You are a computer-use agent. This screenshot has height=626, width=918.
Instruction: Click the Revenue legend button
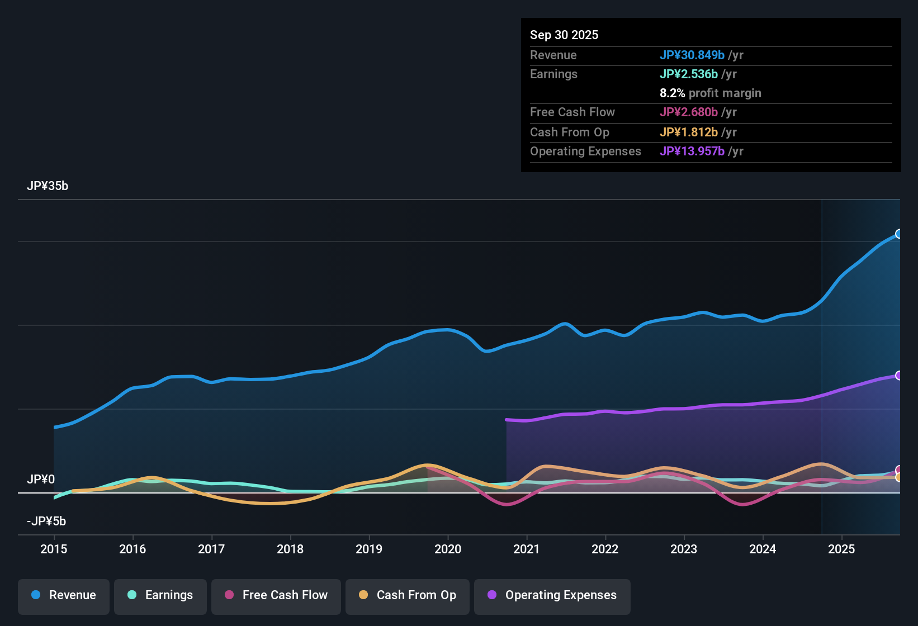(x=64, y=595)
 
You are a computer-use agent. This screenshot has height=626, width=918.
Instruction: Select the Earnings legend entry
(x=160, y=595)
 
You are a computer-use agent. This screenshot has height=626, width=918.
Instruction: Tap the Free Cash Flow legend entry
(x=276, y=595)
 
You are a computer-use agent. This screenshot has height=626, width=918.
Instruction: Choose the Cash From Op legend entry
(x=408, y=595)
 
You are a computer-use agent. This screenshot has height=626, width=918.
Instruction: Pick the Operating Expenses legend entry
(x=552, y=595)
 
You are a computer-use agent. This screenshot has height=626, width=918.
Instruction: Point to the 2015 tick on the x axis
(x=54, y=549)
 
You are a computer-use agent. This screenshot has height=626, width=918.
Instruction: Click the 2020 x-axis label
(x=448, y=549)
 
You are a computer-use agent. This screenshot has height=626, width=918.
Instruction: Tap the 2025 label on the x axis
(x=841, y=549)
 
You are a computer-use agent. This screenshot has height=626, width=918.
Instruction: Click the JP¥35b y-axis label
(x=48, y=186)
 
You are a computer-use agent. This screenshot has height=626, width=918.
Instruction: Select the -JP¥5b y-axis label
(x=46, y=521)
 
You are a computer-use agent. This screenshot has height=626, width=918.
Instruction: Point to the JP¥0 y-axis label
(x=41, y=480)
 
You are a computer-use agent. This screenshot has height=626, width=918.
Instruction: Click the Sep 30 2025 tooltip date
(x=564, y=35)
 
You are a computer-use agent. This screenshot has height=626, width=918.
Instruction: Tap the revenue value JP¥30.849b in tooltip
(x=692, y=55)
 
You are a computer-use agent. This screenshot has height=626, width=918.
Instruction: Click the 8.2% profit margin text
(x=710, y=93)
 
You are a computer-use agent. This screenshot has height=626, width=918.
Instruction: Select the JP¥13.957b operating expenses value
(x=692, y=151)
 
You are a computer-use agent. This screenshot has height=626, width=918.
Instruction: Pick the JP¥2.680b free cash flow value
(x=689, y=112)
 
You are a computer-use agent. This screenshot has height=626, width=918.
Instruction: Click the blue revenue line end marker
(x=898, y=234)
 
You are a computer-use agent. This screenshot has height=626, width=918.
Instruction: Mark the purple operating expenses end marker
(x=898, y=376)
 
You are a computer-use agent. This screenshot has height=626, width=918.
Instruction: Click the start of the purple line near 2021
(x=507, y=420)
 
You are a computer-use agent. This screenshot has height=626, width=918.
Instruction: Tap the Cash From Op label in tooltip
(x=570, y=132)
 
